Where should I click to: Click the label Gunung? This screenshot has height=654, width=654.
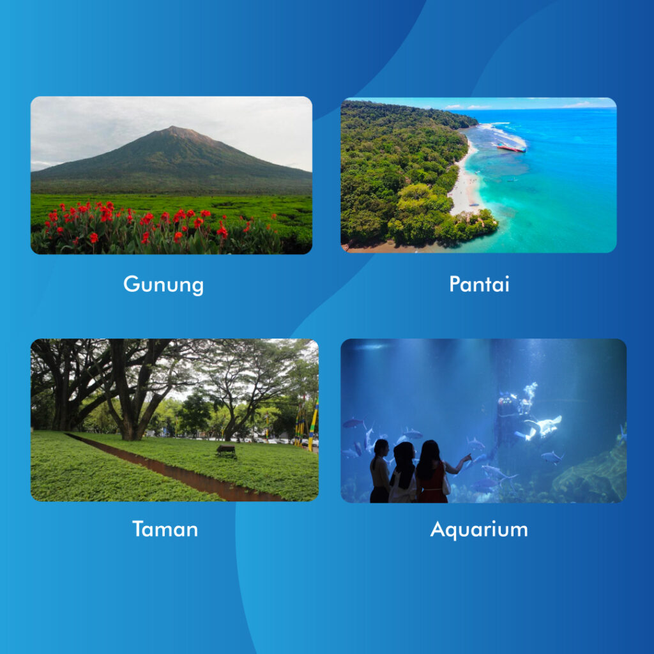(x=163, y=284)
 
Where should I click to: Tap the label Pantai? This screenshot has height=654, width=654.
(x=479, y=284)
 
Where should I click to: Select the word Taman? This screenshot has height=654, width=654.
(x=165, y=529)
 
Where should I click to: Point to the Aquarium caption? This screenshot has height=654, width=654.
(x=479, y=529)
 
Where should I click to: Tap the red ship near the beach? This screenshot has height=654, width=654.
(x=511, y=148)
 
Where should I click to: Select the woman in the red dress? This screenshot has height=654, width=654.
(x=433, y=473)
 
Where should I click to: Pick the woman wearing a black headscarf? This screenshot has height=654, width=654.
(x=403, y=473)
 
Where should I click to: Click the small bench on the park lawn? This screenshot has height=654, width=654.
(x=226, y=450)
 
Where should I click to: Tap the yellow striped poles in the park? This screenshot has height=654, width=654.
(x=307, y=426)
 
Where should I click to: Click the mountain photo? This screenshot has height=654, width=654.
(x=171, y=175)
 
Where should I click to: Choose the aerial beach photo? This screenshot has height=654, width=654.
(x=478, y=175)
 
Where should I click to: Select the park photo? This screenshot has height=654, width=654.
(x=174, y=420)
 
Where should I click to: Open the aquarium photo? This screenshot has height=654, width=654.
(x=483, y=421)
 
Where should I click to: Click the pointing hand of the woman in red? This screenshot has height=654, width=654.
(x=468, y=457)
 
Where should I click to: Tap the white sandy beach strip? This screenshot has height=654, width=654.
(x=465, y=183)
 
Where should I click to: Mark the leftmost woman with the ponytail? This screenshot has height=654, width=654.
(x=380, y=471)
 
